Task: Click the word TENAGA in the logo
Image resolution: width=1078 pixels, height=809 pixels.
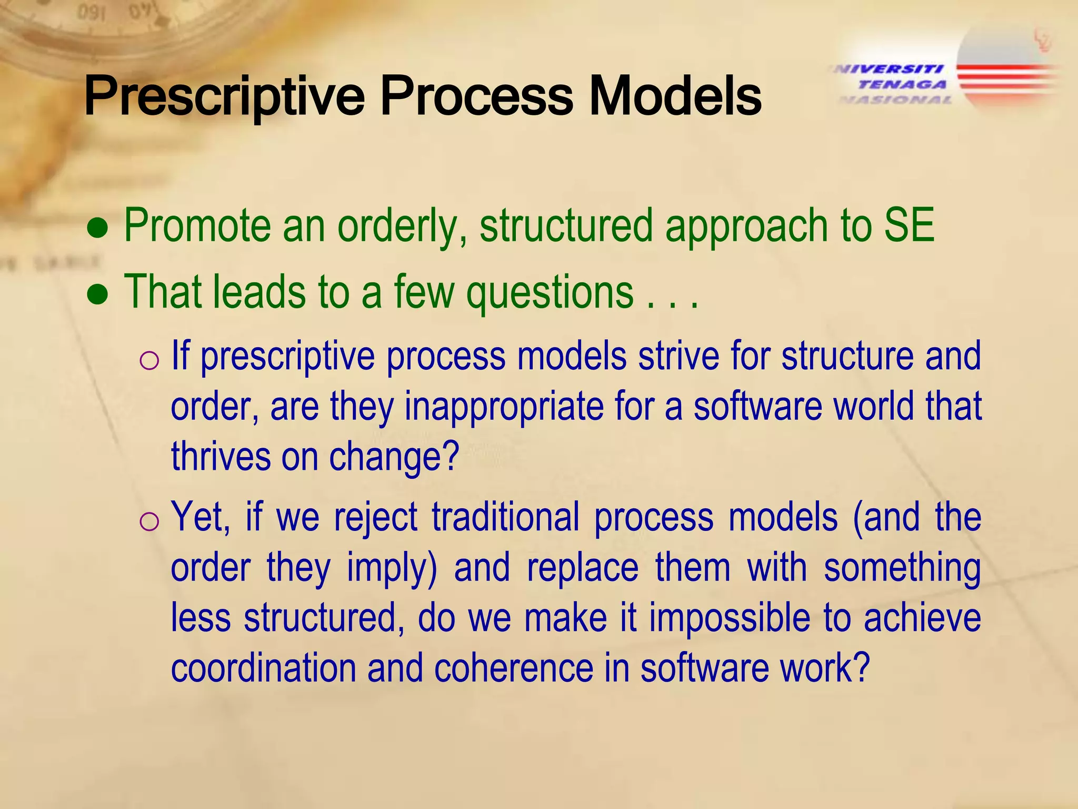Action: pyautogui.click(x=902, y=84)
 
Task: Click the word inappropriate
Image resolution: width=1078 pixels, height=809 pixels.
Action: pyautogui.click(x=504, y=407)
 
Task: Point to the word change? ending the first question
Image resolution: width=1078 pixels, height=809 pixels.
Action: pyautogui.click(x=394, y=457)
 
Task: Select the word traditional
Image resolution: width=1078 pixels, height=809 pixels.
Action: pyautogui.click(x=505, y=517)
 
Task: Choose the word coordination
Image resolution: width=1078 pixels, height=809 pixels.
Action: pyautogui.click(x=263, y=668)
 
